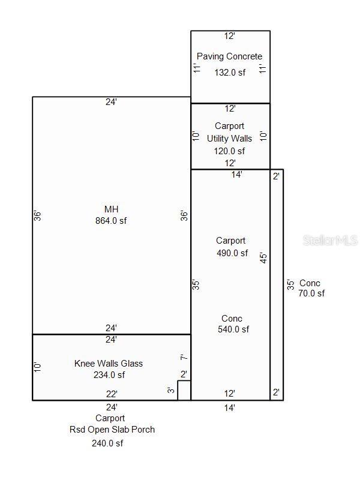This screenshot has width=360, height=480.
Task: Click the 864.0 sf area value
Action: [x=111, y=220]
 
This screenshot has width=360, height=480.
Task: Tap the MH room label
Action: [x=111, y=209]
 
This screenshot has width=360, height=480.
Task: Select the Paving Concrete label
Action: [x=229, y=56]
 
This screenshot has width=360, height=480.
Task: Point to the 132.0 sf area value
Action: [x=230, y=72]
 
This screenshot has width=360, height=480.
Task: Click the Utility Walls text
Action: [x=229, y=139]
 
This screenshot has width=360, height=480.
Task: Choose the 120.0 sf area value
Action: [x=229, y=151]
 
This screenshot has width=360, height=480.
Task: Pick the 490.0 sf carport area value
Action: [x=232, y=253]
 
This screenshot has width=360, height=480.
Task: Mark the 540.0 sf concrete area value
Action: [x=233, y=329]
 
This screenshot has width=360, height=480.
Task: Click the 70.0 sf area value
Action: [x=311, y=293]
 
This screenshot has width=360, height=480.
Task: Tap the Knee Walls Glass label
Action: [x=109, y=363]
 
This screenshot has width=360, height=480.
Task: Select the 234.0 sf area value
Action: [x=109, y=375]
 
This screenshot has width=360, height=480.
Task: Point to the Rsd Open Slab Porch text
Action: [x=112, y=430]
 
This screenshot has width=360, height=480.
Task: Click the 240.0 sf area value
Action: [x=107, y=443]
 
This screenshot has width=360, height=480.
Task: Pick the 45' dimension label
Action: [x=263, y=257]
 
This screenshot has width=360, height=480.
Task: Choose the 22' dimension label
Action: [x=112, y=394]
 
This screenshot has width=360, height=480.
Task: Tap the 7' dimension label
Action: [x=184, y=358]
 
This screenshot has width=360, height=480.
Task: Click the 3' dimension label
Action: [x=171, y=391]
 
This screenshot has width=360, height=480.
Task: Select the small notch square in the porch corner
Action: [x=184, y=390]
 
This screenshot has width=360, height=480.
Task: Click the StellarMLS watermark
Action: [x=330, y=240]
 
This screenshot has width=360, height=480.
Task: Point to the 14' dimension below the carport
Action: [x=230, y=407]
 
